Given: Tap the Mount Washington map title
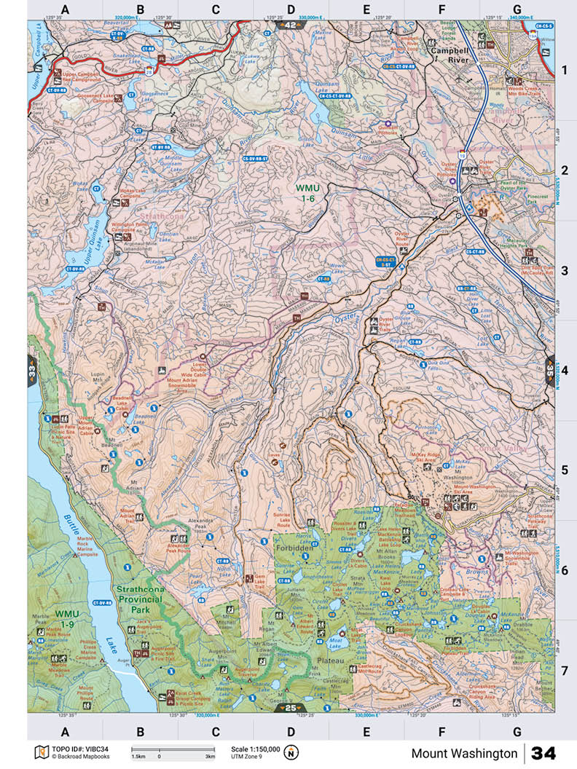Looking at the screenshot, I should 464,754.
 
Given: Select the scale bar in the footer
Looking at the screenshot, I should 173,750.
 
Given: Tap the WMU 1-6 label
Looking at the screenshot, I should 307,192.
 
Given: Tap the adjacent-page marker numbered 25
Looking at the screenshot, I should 290,707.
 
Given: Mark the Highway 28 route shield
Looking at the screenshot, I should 148,72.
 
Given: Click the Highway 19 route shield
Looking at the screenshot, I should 461,154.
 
